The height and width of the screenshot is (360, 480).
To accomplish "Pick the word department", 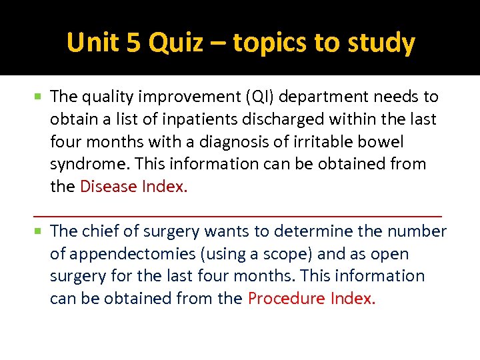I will point(328,97).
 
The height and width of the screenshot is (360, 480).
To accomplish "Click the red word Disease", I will point(109,187).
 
